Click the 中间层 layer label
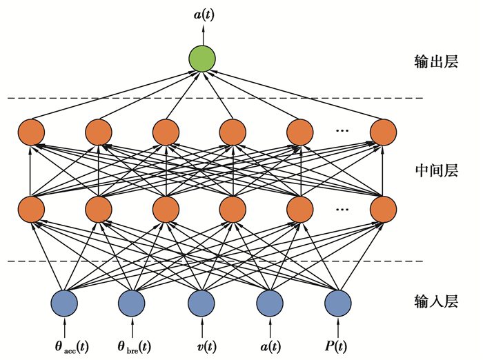point(435,170)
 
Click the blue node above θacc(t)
point(64,301)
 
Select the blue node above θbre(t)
point(131,301)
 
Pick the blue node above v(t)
point(202,301)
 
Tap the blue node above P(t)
point(338,301)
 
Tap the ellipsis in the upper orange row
point(343,130)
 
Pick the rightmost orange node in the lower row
point(382,208)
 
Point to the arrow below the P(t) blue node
point(338,324)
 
